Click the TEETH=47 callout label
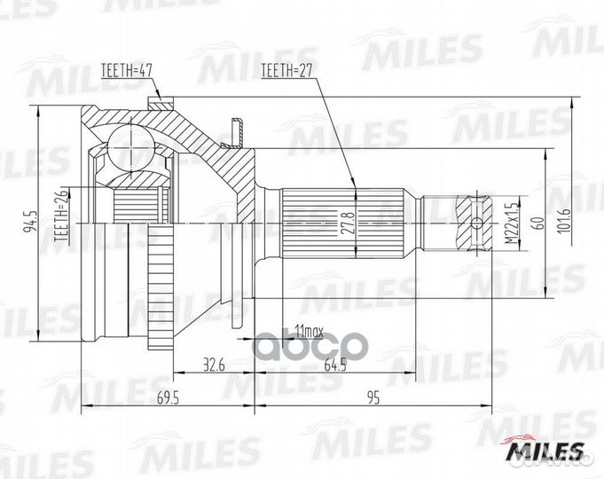pyautogui.click(x=127, y=71)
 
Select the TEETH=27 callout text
pyautogui.click(x=286, y=71)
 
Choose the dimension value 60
pyautogui.click(x=539, y=224)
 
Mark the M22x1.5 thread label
pyautogui.click(x=512, y=224)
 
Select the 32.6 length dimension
pyautogui.click(x=214, y=365)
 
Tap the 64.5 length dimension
pyautogui.click(x=335, y=365)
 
